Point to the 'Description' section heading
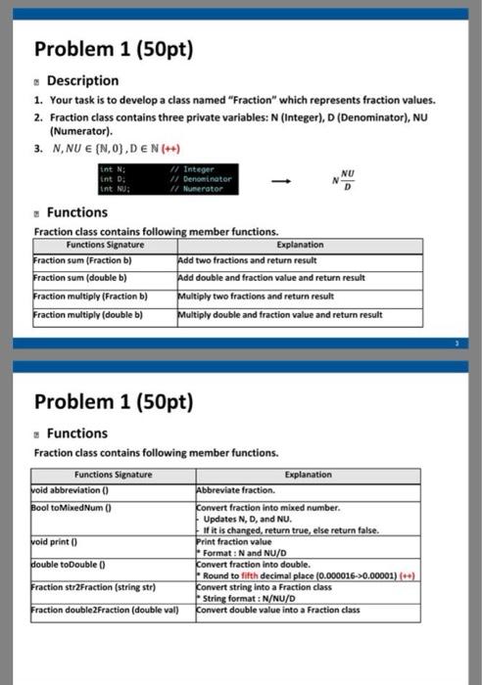click(x=82, y=80)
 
